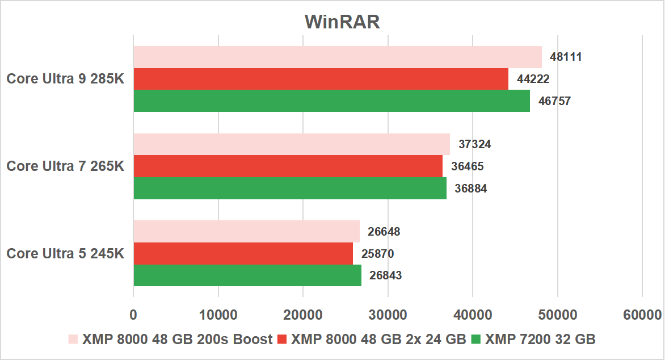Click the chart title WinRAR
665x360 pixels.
342,22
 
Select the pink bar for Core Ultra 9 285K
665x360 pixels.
338,57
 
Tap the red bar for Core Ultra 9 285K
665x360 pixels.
321,79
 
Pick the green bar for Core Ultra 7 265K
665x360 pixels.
290,188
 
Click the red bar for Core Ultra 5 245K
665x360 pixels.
243,253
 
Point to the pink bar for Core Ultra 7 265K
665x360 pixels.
292,144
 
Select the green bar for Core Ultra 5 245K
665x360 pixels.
247,275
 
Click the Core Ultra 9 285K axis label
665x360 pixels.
65,79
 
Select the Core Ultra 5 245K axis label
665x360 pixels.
65,253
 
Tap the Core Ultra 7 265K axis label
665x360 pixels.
65,166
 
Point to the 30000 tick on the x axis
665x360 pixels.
388,315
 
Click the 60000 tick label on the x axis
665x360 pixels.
642,315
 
